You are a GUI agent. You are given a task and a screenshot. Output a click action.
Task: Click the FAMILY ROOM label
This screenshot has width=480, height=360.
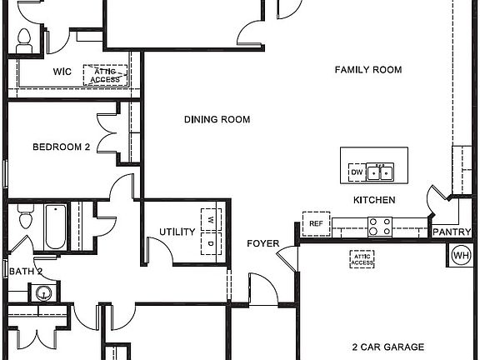coord(367,70)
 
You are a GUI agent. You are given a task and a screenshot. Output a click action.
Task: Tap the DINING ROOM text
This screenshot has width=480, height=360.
coord(217,120)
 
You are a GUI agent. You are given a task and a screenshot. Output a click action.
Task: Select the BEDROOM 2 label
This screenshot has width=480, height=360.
coord(61,147)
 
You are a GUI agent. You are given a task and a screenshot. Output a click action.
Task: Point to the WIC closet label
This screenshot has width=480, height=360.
coord(62,72)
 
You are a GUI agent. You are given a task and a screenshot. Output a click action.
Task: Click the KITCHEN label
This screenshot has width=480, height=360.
coord(374,200)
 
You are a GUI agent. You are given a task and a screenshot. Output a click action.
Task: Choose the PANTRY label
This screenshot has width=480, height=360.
coord(451,232)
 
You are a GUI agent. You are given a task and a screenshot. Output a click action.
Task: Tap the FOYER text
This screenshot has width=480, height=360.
coord(262,243)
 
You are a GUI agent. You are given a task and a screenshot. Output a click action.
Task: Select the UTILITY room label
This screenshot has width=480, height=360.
coord(177,232)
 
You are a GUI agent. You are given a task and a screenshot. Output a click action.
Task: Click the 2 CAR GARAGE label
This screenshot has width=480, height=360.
coord(387,347)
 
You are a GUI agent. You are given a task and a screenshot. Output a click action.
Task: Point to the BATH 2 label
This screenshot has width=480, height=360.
coord(25,271)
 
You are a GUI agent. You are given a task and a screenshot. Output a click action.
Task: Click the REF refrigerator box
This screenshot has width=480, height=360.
coord(316,223)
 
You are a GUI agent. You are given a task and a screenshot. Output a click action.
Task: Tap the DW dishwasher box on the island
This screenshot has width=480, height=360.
coord(357,172)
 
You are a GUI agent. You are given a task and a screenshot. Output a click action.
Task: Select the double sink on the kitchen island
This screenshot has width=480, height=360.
coord(382,172)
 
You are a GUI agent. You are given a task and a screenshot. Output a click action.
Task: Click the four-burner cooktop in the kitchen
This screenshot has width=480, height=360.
coord(380,225)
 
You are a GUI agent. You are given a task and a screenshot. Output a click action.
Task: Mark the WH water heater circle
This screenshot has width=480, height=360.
coord(461,255)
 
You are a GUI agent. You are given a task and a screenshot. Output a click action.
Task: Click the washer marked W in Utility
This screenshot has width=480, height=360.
coord(212,220)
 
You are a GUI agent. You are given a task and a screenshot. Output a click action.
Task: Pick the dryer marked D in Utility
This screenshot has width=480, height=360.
coord(212,244)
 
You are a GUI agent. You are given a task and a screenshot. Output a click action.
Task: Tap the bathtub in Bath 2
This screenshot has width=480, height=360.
coord(55,225)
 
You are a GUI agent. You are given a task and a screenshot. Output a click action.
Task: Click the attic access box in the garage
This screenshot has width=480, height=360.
coord(362,259)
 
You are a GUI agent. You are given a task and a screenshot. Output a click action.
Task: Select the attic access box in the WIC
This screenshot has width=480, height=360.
coord(106,75)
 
